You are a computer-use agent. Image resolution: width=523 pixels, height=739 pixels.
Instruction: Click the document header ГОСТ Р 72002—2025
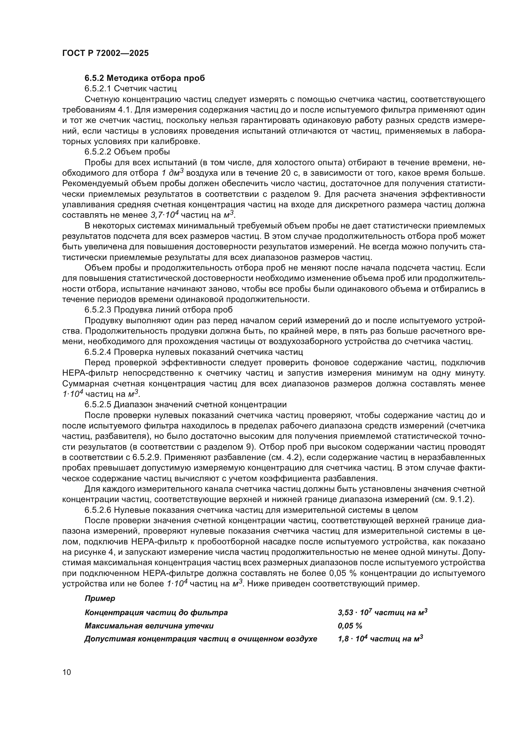click(105, 53)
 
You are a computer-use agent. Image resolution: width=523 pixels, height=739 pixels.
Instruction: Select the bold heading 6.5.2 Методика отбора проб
click(145, 78)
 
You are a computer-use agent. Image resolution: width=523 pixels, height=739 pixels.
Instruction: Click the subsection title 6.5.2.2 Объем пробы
click(127, 152)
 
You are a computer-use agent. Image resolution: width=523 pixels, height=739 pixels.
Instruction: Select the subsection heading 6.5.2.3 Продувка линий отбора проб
click(158, 310)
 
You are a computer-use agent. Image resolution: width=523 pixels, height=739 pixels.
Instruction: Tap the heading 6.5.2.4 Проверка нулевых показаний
click(194, 352)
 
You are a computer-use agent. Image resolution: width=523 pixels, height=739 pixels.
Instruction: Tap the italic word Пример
click(100, 599)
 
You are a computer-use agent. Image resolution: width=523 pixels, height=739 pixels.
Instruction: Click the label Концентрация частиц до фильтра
click(156, 613)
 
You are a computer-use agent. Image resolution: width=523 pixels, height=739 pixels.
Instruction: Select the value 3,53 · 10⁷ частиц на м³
click(383, 613)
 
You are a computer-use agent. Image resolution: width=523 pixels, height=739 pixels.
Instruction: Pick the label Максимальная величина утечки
click(149, 626)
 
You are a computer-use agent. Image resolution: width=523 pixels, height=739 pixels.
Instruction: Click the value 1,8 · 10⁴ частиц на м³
click(380, 639)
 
